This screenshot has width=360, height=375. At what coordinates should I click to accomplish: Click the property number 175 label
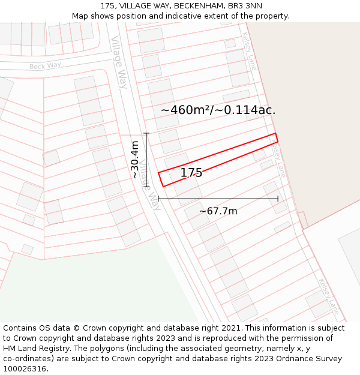click(x=191, y=173)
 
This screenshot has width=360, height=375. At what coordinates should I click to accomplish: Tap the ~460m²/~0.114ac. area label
click(x=218, y=110)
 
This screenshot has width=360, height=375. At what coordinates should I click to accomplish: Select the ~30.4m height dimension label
click(x=135, y=160)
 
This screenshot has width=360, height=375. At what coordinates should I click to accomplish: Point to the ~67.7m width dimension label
click(x=218, y=211)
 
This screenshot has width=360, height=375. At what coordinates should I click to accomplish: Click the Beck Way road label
click(x=45, y=65)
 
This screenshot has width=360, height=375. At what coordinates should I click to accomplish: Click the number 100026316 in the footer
click(x=26, y=368)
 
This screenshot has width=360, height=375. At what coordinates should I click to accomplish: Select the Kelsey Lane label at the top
click(x=249, y=52)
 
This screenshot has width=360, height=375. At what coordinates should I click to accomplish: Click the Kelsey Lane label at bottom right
click(x=329, y=296)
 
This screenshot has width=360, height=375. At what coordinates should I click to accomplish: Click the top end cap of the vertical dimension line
click(x=146, y=133)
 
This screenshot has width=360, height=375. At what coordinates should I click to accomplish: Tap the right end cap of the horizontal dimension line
click(x=278, y=199)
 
